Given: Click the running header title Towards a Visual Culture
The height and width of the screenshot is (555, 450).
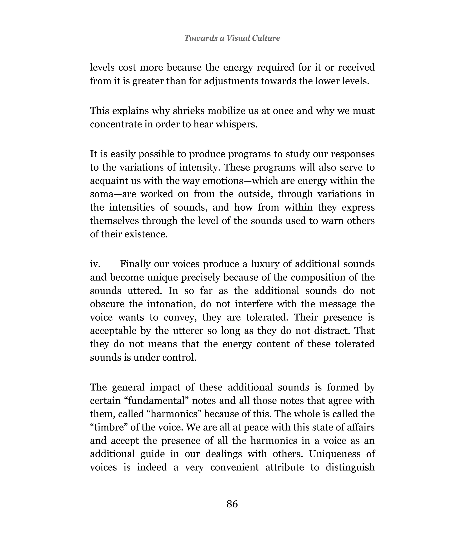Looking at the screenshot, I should (232, 38).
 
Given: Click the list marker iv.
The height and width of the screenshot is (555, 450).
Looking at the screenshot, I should (95, 264).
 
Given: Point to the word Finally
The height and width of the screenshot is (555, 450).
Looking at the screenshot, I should (135, 264).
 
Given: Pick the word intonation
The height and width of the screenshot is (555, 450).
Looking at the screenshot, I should (171, 304).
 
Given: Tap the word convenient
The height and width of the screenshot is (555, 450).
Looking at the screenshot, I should (234, 467).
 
